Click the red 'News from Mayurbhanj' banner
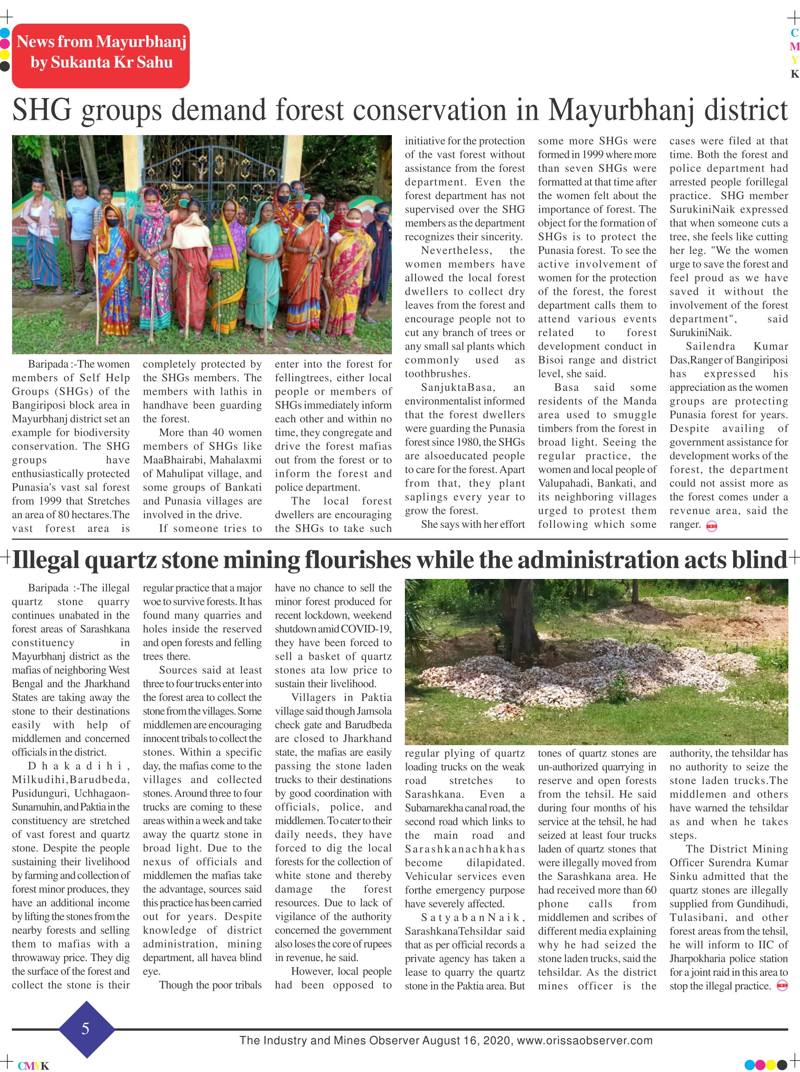(x=101, y=55)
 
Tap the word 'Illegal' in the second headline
(x=46, y=560)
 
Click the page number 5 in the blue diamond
(x=86, y=1028)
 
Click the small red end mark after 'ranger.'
(x=711, y=526)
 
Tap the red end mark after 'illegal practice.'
(x=781, y=985)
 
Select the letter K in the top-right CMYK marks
(x=794, y=74)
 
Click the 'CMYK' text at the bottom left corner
(x=33, y=1066)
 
